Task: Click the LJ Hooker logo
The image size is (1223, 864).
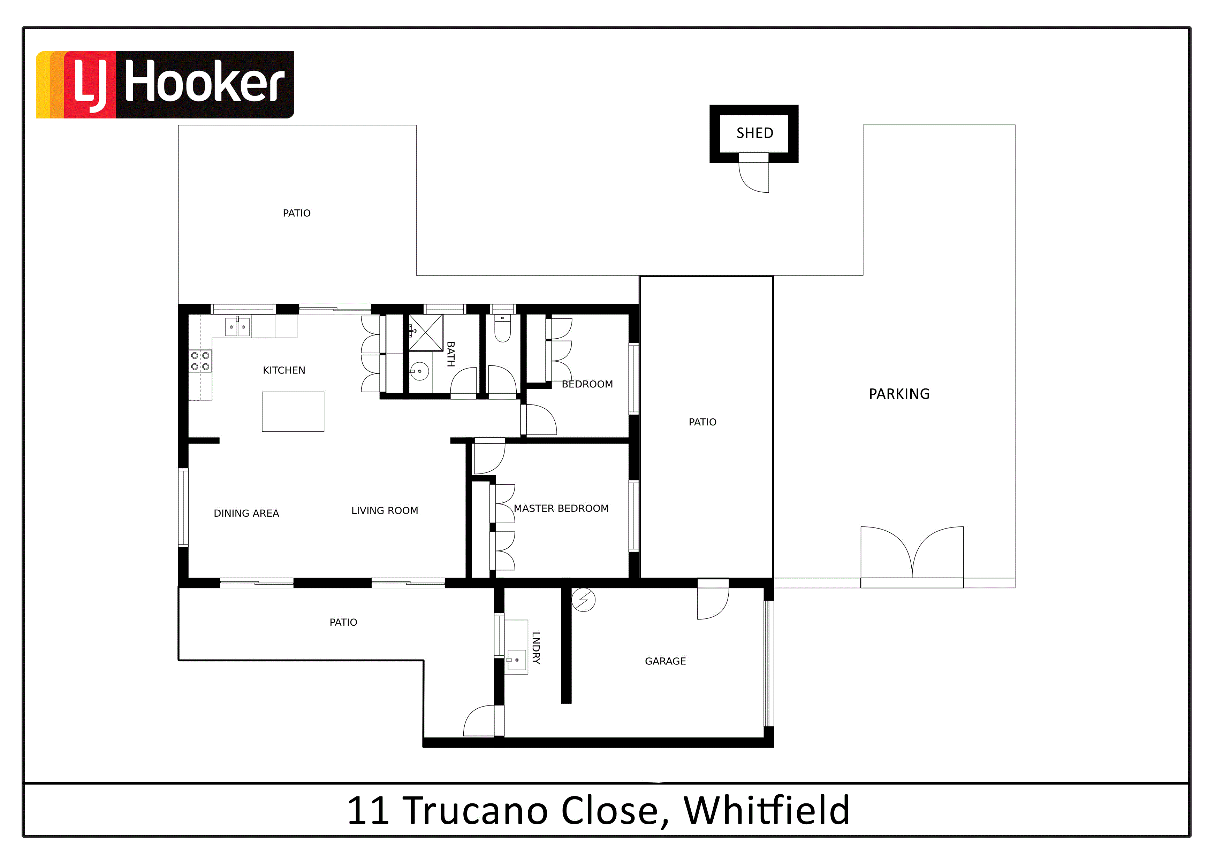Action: (x=165, y=85)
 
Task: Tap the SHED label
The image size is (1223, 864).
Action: (x=755, y=133)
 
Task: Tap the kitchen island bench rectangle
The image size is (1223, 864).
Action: (x=293, y=411)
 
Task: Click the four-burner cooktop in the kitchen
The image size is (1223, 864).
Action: (x=200, y=361)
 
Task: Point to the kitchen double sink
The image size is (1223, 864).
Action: (x=237, y=326)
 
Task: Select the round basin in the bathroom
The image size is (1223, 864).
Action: (x=420, y=371)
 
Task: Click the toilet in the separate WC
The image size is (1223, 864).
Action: (x=503, y=328)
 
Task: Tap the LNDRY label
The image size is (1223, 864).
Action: (x=536, y=648)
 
